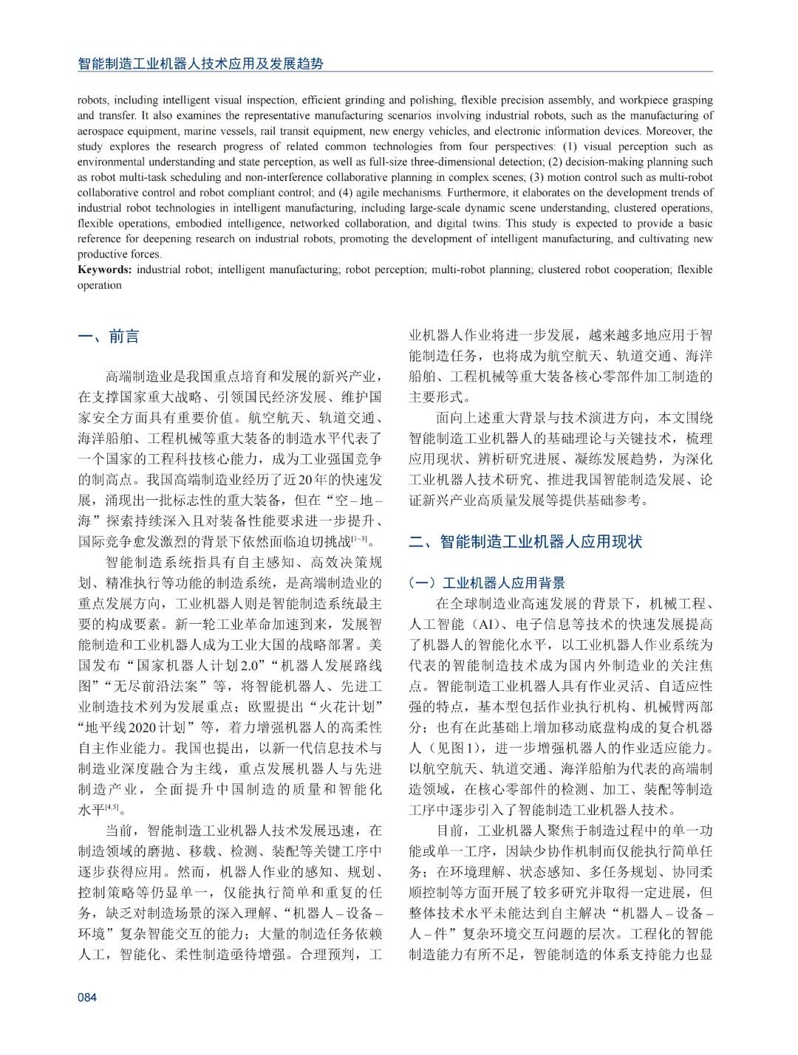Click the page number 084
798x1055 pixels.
point(87,997)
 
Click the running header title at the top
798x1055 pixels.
point(200,63)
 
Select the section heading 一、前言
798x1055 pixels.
point(108,337)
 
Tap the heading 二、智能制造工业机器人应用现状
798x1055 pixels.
point(525,541)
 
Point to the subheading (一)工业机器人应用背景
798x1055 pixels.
point(487,583)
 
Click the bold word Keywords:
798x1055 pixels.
point(105,269)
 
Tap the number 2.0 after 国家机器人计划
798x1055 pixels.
point(250,665)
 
